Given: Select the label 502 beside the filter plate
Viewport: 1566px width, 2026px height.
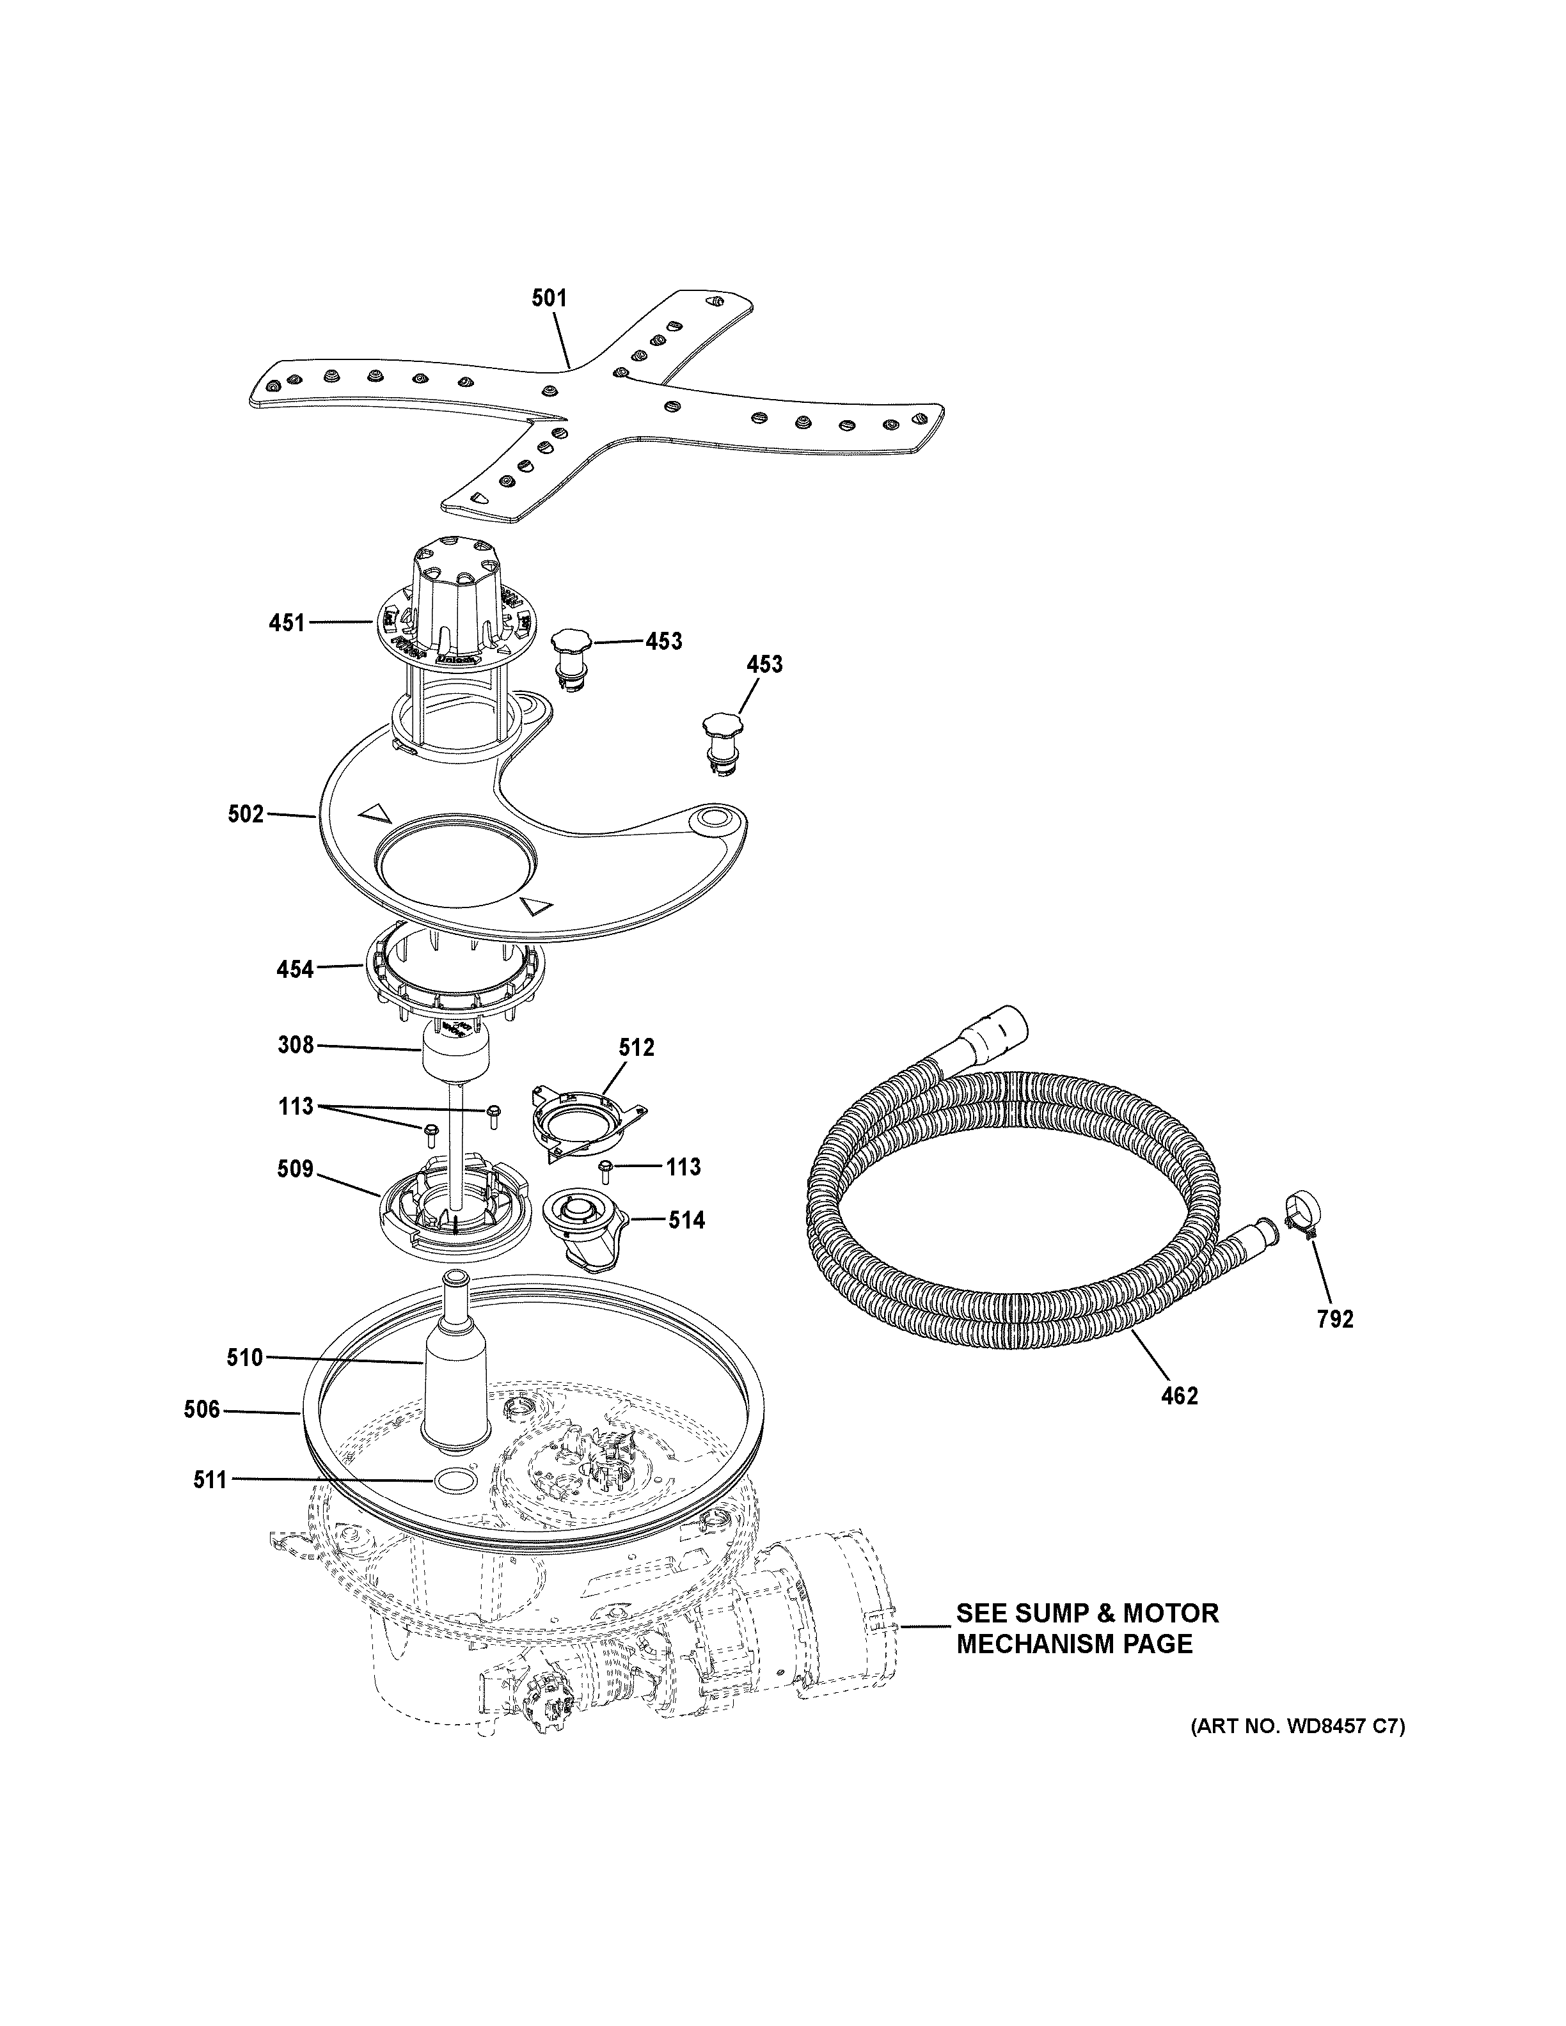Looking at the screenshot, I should point(246,815).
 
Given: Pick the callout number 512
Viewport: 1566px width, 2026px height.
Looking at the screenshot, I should point(637,1048).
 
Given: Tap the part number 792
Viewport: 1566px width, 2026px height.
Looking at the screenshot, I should point(1335,1319).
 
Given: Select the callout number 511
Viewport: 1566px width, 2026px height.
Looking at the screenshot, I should point(210,1480).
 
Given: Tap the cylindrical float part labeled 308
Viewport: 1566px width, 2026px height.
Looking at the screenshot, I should point(455,1058).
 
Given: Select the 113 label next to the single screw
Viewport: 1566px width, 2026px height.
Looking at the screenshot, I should point(683,1167).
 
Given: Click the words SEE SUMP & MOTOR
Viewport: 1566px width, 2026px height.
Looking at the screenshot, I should point(1087,1614).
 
